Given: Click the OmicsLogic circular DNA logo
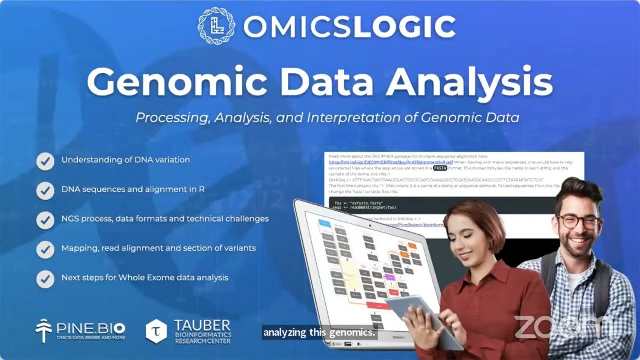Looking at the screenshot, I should (216, 26).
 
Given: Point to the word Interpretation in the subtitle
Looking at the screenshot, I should (367, 118).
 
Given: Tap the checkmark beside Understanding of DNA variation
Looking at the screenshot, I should (45, 161).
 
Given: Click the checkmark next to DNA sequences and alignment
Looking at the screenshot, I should (45, 190).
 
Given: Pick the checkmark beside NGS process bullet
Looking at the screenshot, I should (45, 219).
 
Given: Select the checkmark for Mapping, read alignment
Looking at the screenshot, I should (45, 249).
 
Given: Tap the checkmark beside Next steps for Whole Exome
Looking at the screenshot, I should (45, 278).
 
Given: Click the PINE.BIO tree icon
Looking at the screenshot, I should (44, 330).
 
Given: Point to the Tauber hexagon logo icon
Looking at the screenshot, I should (156, 331).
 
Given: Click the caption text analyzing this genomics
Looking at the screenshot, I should (319, 332).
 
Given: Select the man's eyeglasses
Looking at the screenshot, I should (579, 221).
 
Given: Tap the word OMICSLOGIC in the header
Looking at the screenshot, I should (349, 27).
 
